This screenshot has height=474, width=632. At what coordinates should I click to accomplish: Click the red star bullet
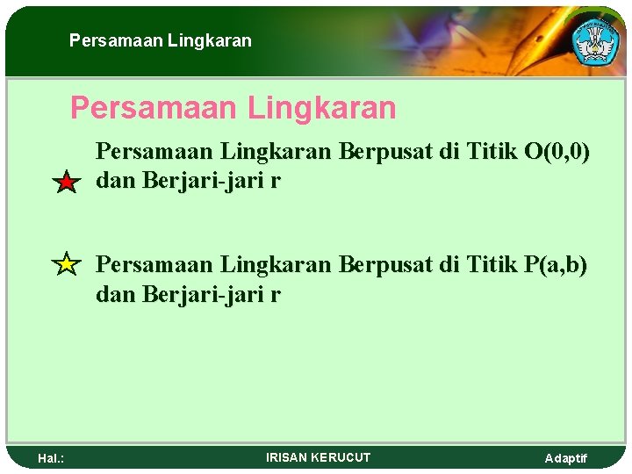pos(66,183)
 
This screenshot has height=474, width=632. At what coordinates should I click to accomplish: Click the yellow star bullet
pos(66,263)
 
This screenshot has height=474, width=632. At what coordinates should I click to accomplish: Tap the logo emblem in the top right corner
pos(596,39)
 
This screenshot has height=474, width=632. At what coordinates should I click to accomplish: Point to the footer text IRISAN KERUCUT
pos(318,457)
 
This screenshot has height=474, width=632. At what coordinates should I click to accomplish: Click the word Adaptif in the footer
pos(566,458)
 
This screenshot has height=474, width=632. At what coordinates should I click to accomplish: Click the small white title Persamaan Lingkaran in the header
pos(161,40)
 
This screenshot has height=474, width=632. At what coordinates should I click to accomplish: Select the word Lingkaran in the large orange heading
pos(323,109)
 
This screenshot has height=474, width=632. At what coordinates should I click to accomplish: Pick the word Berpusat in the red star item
pos(381,151)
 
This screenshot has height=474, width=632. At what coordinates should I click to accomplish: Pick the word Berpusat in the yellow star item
pos(381,263)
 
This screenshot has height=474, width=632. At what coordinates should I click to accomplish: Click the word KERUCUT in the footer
pos(341,457)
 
